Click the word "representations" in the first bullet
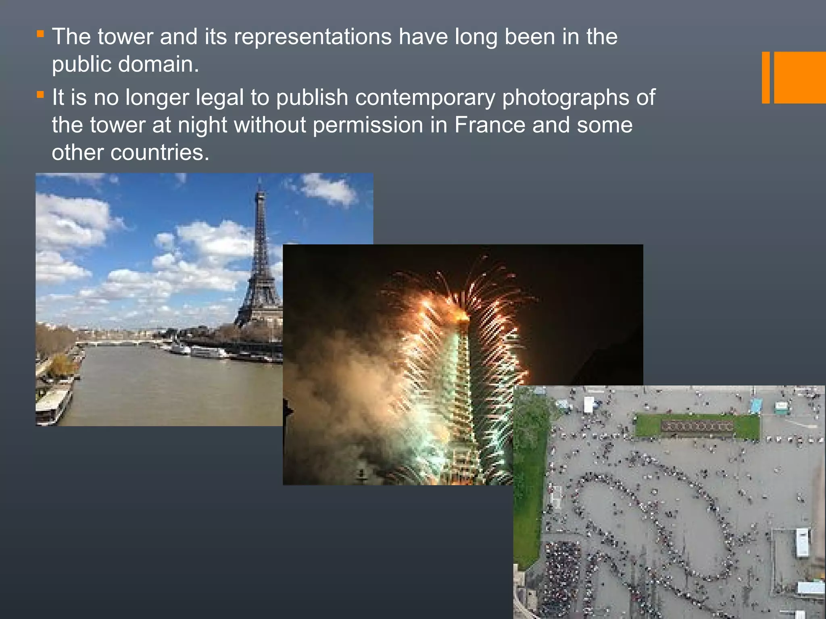(x=313, y=37)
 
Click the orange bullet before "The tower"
(x=40, y=34)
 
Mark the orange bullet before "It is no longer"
(x=40, y=95)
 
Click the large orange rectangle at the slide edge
(x=800, y=77)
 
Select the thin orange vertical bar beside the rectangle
(x=766, y=77)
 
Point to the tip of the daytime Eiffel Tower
(x=260, y=180)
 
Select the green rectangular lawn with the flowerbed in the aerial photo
(x=697, y=426)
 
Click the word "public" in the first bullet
(x=81, y=64)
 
